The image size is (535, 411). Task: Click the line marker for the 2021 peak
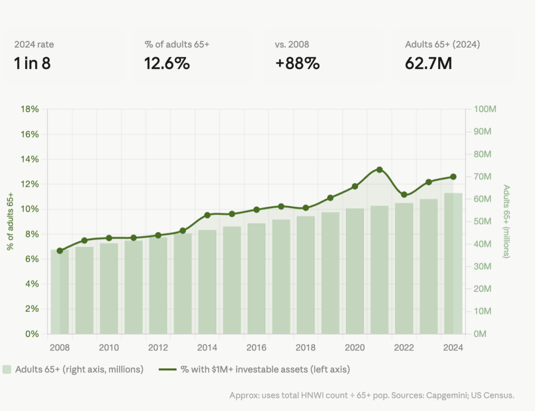tap(379, 170)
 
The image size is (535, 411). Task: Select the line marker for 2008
tap(60, 251)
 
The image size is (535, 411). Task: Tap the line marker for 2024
tap(453, 177)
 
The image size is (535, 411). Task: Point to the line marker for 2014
tap(207, 215)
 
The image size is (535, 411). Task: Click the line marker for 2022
tap(404, 195)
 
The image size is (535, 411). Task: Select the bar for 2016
tap(257, 279)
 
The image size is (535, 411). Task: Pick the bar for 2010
tap(109, 289)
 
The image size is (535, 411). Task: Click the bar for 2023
tap(428, 266)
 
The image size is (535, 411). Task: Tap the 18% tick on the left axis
tap(30, 109)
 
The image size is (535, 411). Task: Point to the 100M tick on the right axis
tap(485, 109)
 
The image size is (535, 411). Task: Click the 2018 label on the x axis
tap(305, 348)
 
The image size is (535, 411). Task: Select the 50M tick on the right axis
tap(482, 221)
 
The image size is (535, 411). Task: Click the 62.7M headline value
tap(428, 63)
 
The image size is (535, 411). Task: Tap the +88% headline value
tap(297, 63)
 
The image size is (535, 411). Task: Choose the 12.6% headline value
tap(167, 63)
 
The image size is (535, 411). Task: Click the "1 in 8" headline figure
tap(32, 63)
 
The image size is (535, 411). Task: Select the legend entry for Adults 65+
tap(73, 369)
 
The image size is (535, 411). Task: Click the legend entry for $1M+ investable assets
tap(254, 369)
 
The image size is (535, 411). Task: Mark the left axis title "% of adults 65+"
tap(10, 221)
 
